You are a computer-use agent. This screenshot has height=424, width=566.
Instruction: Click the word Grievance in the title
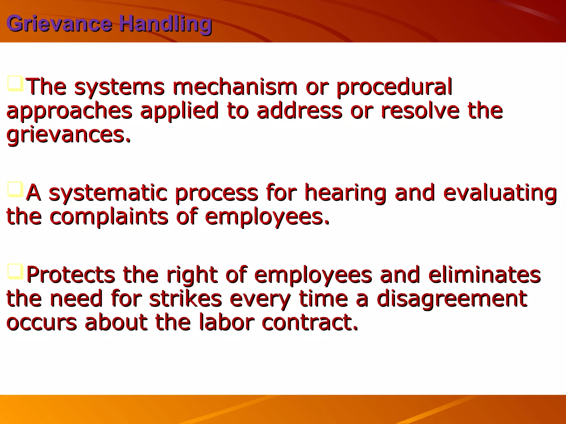[x=59, y=24]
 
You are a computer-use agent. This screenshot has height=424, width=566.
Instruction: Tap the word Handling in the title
[x=166, y=24]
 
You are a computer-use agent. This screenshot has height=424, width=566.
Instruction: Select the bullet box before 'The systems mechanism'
[x=15, y=84]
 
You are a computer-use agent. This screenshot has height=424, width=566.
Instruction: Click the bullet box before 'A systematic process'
[x=15, y=189]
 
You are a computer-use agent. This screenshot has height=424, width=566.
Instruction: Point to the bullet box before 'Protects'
[x=15, y=272]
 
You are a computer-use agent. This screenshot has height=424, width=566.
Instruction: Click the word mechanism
[x=235, y=87]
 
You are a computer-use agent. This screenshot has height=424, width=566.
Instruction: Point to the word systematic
[x=108, y=193]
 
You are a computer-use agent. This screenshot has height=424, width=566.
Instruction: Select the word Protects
[x=71, y=275]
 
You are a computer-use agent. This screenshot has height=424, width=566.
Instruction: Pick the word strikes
[x=185, y=299]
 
